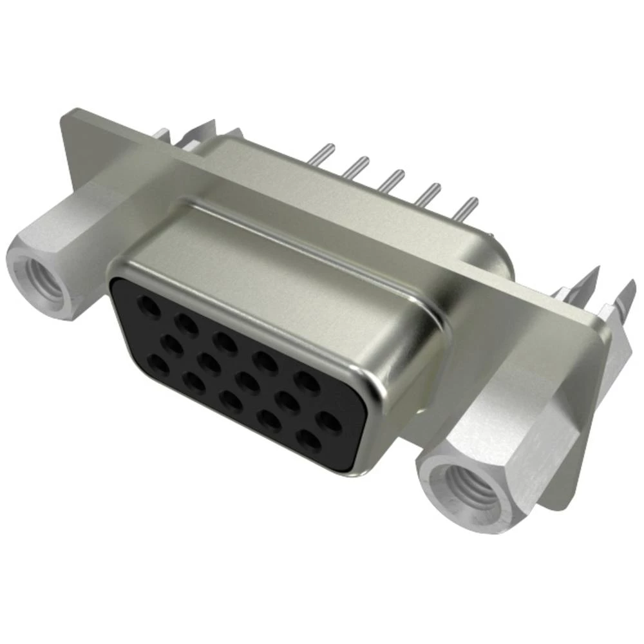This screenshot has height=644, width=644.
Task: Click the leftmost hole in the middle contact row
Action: click(x=172, y=343)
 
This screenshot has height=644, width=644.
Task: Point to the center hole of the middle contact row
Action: click(x=247, y=381)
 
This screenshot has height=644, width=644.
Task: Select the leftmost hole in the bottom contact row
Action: click(x=158, y=366)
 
